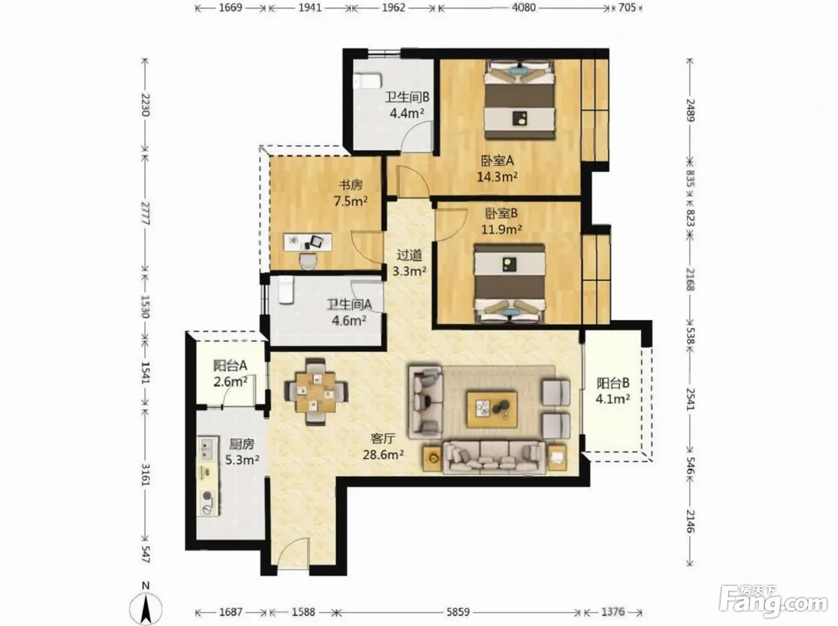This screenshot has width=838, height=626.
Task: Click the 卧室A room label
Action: [497, 161]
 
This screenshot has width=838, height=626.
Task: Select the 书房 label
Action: [351, 186]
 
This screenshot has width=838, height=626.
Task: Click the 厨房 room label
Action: [242, 444]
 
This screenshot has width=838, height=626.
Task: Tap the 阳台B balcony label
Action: [613, 383]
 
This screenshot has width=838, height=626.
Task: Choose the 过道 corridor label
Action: [409, 255]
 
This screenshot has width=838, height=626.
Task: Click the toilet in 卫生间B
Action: [368, 81]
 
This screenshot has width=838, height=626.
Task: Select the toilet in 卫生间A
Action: [286, 290]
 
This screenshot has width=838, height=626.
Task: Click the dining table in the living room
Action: [316, 391]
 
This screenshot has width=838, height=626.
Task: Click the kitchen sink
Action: [207, 449]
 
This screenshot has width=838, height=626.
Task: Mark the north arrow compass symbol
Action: [145, 607]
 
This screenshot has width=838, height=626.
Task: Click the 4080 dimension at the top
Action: [523, 8]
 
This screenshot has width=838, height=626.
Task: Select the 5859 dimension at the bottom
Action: [458, 612]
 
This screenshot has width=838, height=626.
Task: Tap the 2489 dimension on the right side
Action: [691, 110]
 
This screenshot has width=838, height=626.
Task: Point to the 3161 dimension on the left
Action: [145, 475]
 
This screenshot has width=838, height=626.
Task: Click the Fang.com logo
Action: [773, 604]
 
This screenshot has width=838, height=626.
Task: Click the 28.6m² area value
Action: [383, 455]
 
